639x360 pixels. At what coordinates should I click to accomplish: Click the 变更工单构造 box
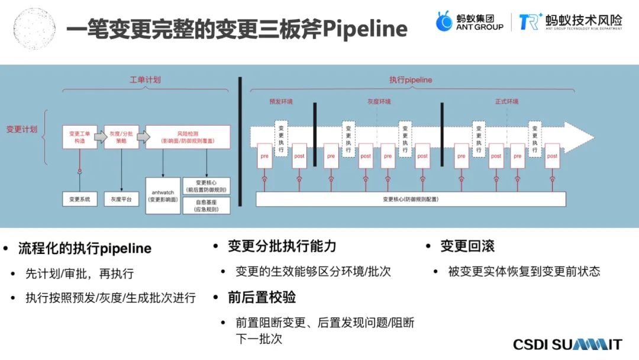(79, 137)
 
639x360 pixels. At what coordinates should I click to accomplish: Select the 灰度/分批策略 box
(121, 137)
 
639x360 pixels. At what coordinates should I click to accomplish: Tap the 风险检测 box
(188, 137)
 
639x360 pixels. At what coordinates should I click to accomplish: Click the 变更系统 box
(79, 199)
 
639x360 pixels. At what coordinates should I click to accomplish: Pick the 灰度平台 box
(121, 199)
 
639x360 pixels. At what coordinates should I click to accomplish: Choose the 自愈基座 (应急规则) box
(206, 205)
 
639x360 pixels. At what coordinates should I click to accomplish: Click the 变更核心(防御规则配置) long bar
(411, 199)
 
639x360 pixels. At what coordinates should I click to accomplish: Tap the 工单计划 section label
(145, 79)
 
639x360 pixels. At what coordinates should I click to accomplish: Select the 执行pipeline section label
(411, 79)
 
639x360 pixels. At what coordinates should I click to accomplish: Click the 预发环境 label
(280, 101)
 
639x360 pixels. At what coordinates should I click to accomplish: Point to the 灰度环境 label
(379, 101)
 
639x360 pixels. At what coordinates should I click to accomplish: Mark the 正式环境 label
(506, 101)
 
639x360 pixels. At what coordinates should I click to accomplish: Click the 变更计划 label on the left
(22, 129)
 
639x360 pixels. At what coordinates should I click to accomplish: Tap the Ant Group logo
(470, 22)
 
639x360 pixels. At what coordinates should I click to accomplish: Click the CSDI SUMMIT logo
(567, 345)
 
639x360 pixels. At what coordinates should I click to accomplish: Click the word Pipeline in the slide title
(366, 29)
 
